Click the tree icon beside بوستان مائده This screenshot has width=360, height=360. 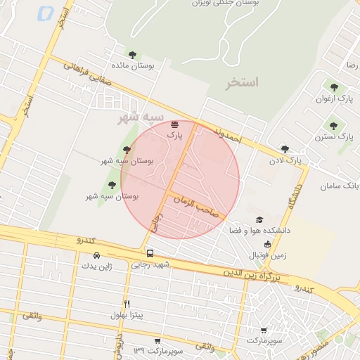point(132,54)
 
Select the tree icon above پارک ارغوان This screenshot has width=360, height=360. point(334,87)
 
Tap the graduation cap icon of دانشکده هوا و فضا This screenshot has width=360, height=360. point(259,220)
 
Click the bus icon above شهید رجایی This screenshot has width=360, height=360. point(150,253)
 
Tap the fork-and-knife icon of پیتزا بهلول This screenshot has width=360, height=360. point(127,304)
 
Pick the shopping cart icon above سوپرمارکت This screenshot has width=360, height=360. point(264,330)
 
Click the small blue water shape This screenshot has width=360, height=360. point(46,13)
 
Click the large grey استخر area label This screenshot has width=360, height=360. point(243,83)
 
